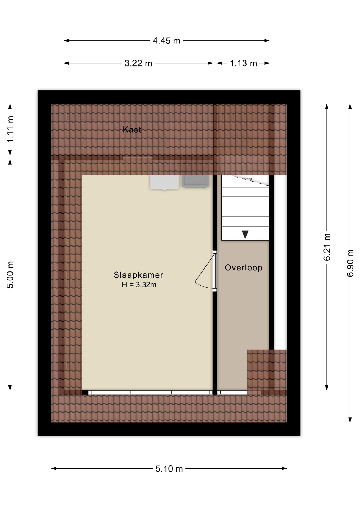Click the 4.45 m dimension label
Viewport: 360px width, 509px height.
[x=166, y=41]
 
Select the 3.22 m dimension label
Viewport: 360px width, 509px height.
[x=138, y=63]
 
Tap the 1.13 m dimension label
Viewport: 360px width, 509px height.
[x=243, y=63]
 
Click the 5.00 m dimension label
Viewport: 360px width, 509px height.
[x=10, y=275]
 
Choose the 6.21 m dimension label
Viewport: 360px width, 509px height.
[x=327, y=247]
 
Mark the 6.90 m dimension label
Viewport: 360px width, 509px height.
[x=350, y=263]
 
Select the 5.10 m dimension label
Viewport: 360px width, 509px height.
[x=169, y=468]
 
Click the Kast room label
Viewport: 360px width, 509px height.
[x=132, y=129]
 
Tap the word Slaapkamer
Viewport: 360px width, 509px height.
[x=138, y=275]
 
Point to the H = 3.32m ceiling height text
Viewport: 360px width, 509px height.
[x=139, y=285]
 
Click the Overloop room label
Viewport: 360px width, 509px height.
[x=244, y=267]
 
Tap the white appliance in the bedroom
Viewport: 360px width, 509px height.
[x=164, y=182]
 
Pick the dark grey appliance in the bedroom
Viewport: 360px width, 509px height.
[x=195, y=181]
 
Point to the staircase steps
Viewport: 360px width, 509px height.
[x=245, y=208]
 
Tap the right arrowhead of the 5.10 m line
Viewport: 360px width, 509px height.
[x=284, y=468]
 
